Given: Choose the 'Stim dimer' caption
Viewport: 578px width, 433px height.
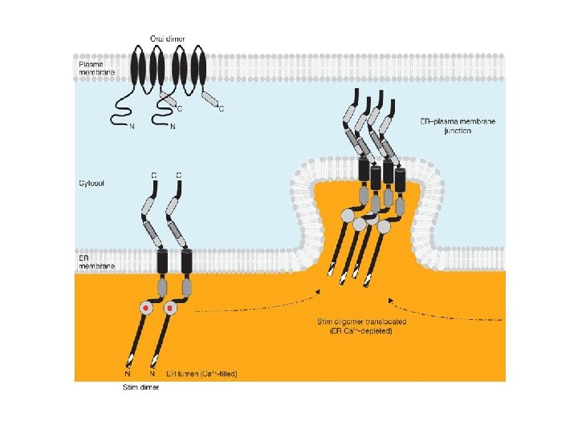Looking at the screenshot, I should [x=141, y=388].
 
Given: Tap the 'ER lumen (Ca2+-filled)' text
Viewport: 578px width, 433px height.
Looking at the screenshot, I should [x=201, y=374].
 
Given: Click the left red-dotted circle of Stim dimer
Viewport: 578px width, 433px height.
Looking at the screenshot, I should [x=146, y=308].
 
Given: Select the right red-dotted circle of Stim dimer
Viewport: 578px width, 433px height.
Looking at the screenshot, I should [x=170, y=308].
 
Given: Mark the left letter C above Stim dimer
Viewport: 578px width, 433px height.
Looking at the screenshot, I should [x=154, y=175].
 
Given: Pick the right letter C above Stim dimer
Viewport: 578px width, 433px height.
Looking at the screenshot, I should [x=178, y=175].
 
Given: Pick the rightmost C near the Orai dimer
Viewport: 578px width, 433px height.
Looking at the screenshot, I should [x=221, y=108].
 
